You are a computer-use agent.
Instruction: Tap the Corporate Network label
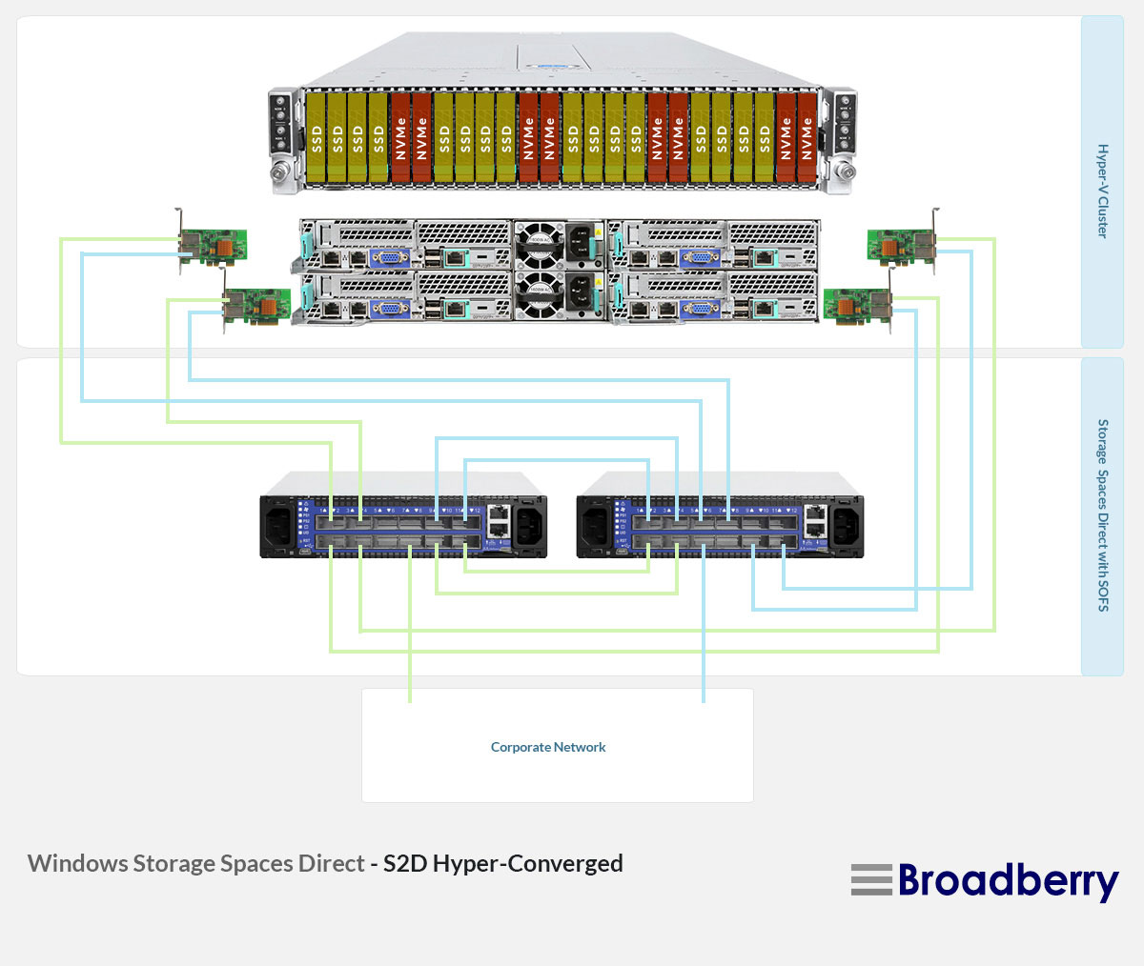pos(548,748)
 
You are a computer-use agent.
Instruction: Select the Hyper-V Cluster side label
pos(1102,191)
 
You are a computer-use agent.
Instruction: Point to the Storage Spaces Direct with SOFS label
pos(1102,514)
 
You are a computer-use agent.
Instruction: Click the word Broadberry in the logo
pos(1008,881)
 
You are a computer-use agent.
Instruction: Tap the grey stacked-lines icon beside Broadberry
pos(871,880)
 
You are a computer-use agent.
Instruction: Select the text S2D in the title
pos(405,864)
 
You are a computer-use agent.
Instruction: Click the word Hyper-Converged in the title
pos(527,864)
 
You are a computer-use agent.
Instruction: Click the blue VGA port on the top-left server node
pos(389,257)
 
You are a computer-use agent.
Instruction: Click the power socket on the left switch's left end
pos(279,527)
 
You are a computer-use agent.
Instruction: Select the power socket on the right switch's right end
pos(845,527)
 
